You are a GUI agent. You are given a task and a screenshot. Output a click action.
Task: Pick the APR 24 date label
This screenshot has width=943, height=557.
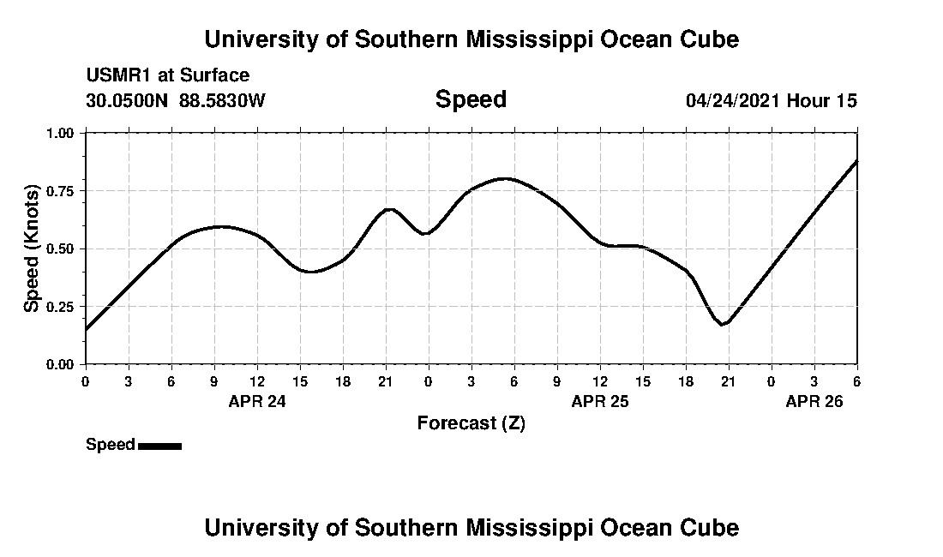(x=257, y=400)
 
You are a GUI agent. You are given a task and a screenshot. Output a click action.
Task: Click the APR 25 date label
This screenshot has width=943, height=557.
(x=600, y=400)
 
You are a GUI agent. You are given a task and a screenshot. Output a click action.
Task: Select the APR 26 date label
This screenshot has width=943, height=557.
(x=814, y=400)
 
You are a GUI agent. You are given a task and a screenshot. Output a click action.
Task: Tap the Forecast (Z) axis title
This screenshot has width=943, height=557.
(x=471, y=423)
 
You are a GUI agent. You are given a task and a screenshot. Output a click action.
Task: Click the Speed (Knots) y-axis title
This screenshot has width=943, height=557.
(x=32, y=249)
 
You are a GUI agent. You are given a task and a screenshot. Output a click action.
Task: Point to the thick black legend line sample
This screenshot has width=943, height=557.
(x=159, y=446)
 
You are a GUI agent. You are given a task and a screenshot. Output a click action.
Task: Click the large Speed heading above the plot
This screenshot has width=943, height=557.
(x=471, y=99)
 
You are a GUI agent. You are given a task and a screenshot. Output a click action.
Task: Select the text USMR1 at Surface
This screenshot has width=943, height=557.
(x=167, y=75)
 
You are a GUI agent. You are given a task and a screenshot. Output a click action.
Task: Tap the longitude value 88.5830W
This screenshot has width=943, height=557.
(x=222, y=100)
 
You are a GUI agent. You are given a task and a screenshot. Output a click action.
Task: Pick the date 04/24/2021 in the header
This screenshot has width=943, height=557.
(x=733, y=100)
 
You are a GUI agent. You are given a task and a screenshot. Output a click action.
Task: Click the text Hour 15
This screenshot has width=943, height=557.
(x=822, y=100)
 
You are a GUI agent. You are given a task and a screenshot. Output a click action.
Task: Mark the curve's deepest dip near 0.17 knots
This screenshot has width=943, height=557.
(x=724, y=325)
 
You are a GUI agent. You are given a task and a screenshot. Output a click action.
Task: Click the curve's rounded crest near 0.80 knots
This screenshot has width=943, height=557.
(x=505, y=178)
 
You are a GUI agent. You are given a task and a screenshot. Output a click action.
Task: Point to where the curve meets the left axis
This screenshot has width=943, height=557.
(x=87, y=328)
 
